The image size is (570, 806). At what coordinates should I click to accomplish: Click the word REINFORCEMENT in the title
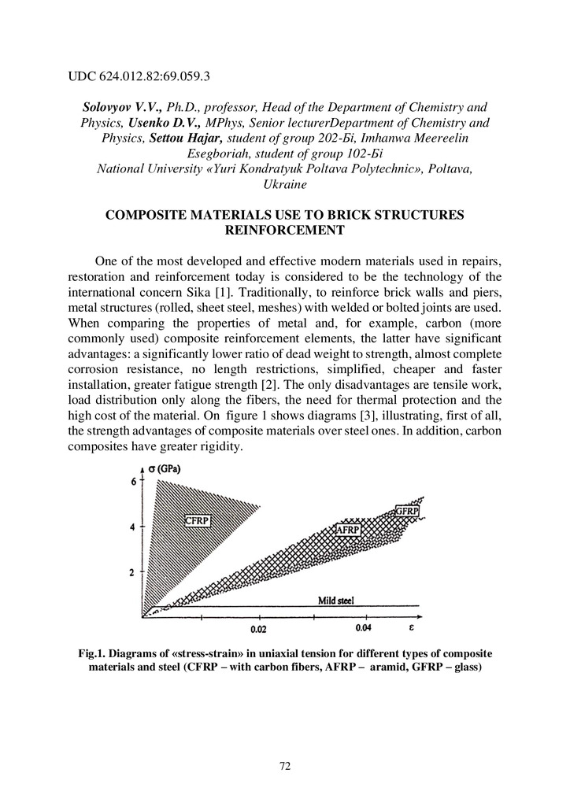point(285,230)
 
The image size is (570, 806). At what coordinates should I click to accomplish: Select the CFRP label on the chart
point(197,520)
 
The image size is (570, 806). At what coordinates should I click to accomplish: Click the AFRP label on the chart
point(347,531)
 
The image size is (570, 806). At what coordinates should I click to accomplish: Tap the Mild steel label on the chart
point(336,601)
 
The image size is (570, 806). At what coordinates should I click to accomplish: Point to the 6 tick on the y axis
point(133,482)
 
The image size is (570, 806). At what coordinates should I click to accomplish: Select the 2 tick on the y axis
point(133,572)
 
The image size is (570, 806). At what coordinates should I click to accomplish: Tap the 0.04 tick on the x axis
point(364,628)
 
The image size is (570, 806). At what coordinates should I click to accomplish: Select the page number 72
point(285,766)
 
